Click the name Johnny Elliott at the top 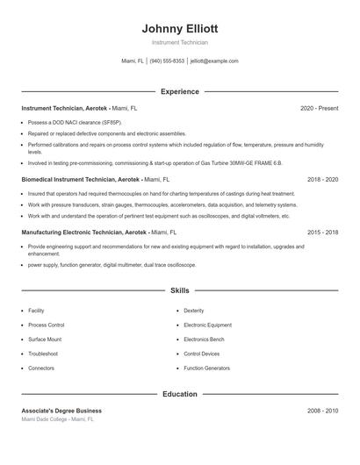coord(179,28)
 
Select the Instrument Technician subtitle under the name coord(179,42)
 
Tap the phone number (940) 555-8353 coord(167,61)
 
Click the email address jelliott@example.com coord(214,61)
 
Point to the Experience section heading coord(179,91)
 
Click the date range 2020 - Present coord(319,108)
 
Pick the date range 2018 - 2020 coord(322,179)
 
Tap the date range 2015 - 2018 coord(322,232)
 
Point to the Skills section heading coord(179,290)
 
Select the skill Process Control coord(46,325)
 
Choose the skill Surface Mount coord(45,339)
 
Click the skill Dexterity coord(194,311)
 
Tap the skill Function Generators coord(206,368)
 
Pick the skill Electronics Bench coord(204,339)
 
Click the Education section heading coord(179,394)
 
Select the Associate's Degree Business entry coord(61,411)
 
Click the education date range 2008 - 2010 coord(322,411)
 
